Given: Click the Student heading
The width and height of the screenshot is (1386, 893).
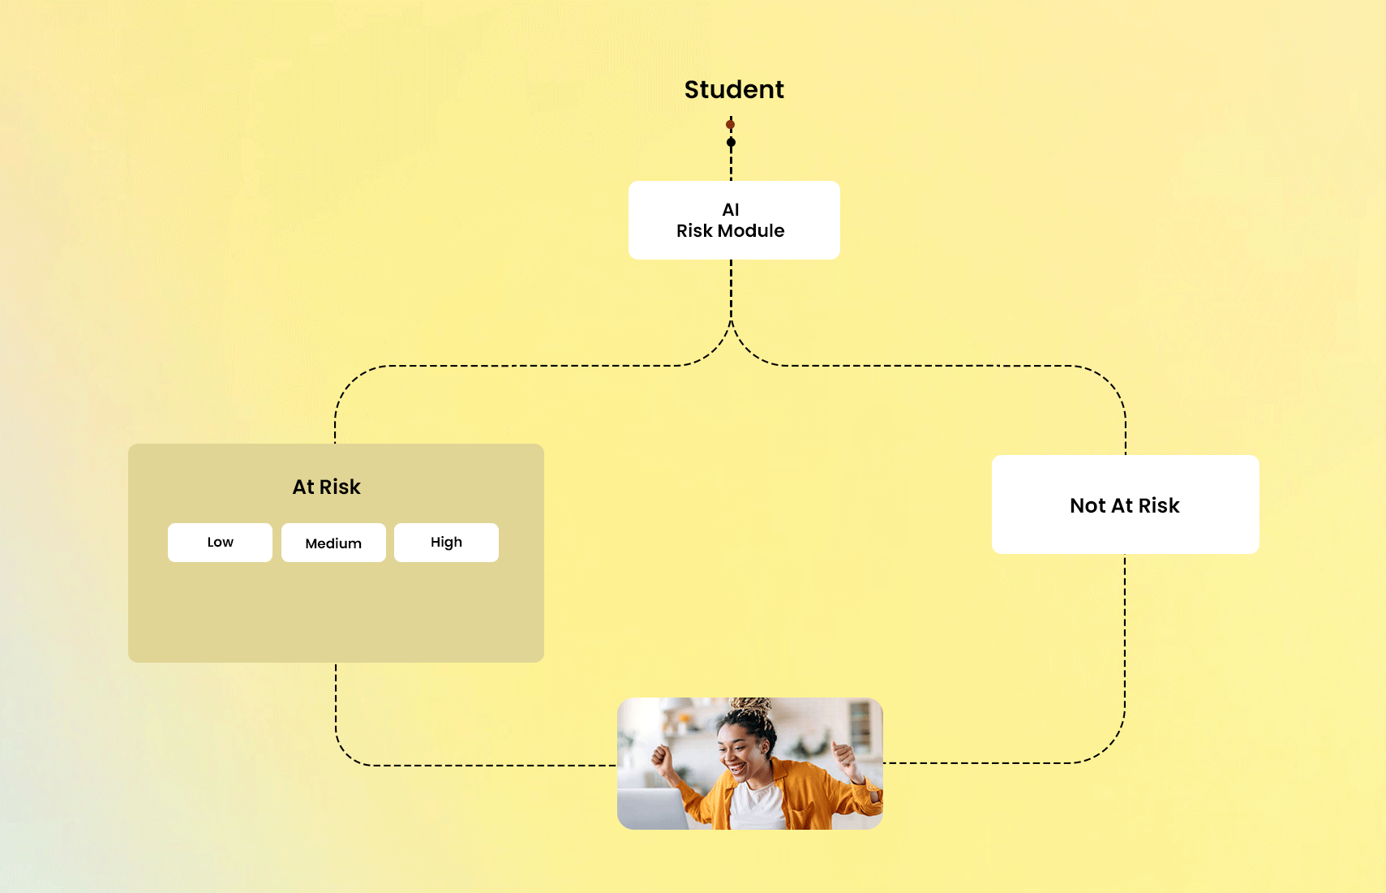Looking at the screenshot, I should tap(734, 89).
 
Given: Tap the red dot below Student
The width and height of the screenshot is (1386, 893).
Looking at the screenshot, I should tap(731, 124).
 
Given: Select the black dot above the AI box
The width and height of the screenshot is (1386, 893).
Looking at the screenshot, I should tap(731, 143).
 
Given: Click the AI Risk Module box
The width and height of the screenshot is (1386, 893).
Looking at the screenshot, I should tap(734, 220).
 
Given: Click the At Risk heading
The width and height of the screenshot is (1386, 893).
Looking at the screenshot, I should tap(326, 487).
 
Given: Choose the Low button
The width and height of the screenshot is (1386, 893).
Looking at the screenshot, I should tap(220, 543).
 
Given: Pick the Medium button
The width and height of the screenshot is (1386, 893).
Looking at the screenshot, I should tap(333, 543).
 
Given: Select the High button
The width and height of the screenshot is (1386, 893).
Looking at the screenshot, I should tap(446, 543).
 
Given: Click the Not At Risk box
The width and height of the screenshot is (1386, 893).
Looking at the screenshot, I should tap(1125, 504).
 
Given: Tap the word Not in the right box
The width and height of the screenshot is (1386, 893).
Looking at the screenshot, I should tap(1088, 505).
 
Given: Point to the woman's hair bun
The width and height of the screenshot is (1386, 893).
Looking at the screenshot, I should tap(751, 707).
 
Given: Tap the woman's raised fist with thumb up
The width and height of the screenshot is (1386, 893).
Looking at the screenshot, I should tap(843, 758).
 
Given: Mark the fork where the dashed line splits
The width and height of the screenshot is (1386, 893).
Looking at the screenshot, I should tap(731, 324).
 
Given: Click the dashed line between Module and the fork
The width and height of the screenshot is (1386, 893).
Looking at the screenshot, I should tap(731, 288).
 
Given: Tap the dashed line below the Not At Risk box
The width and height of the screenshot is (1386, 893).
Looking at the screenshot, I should tap(1125, 633).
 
